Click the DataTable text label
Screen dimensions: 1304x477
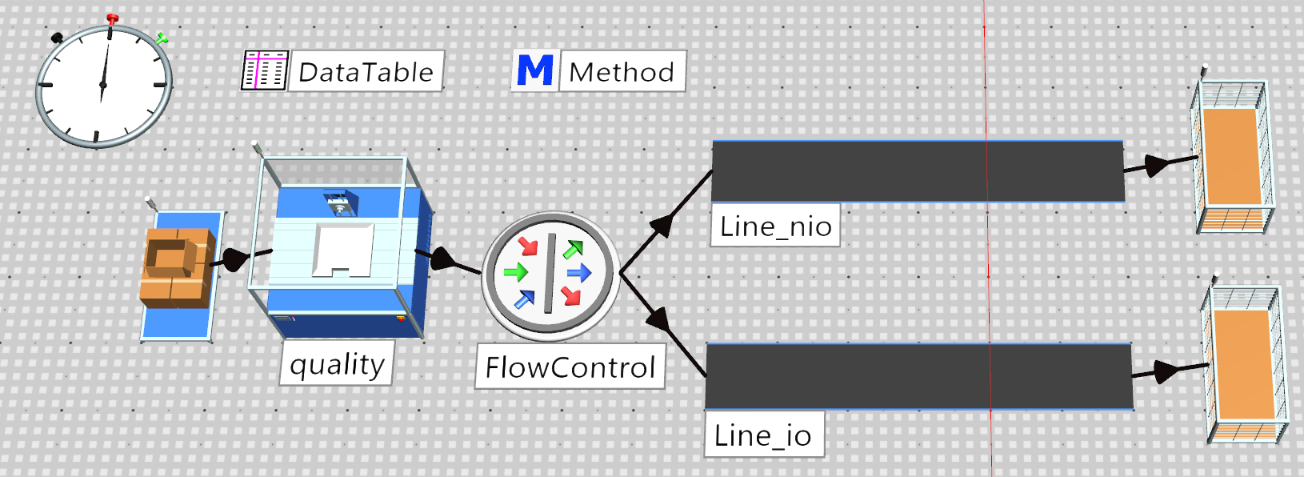click(366, 72)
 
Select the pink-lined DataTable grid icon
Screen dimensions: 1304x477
click(265, 70)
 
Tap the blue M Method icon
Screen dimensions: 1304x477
click(535, 70)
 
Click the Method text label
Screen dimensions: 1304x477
click(621, 72)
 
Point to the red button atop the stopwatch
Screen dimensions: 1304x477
click(112, 19)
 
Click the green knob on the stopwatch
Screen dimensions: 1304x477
click(162, 39)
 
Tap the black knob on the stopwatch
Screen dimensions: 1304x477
click(57, 38)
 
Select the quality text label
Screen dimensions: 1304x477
click(337, 365)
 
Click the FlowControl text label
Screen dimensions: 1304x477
click(570, 367)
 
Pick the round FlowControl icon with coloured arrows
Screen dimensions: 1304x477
click(550, 275)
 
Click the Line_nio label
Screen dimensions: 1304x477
click(775, 226)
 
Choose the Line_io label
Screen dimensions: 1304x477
click(762, 435)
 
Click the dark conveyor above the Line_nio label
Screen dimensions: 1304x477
click(918, 171)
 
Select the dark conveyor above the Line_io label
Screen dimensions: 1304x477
click(918, 377)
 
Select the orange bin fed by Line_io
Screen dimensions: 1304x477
click(1246, 366)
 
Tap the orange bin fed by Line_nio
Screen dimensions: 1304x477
click(1233, 157)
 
